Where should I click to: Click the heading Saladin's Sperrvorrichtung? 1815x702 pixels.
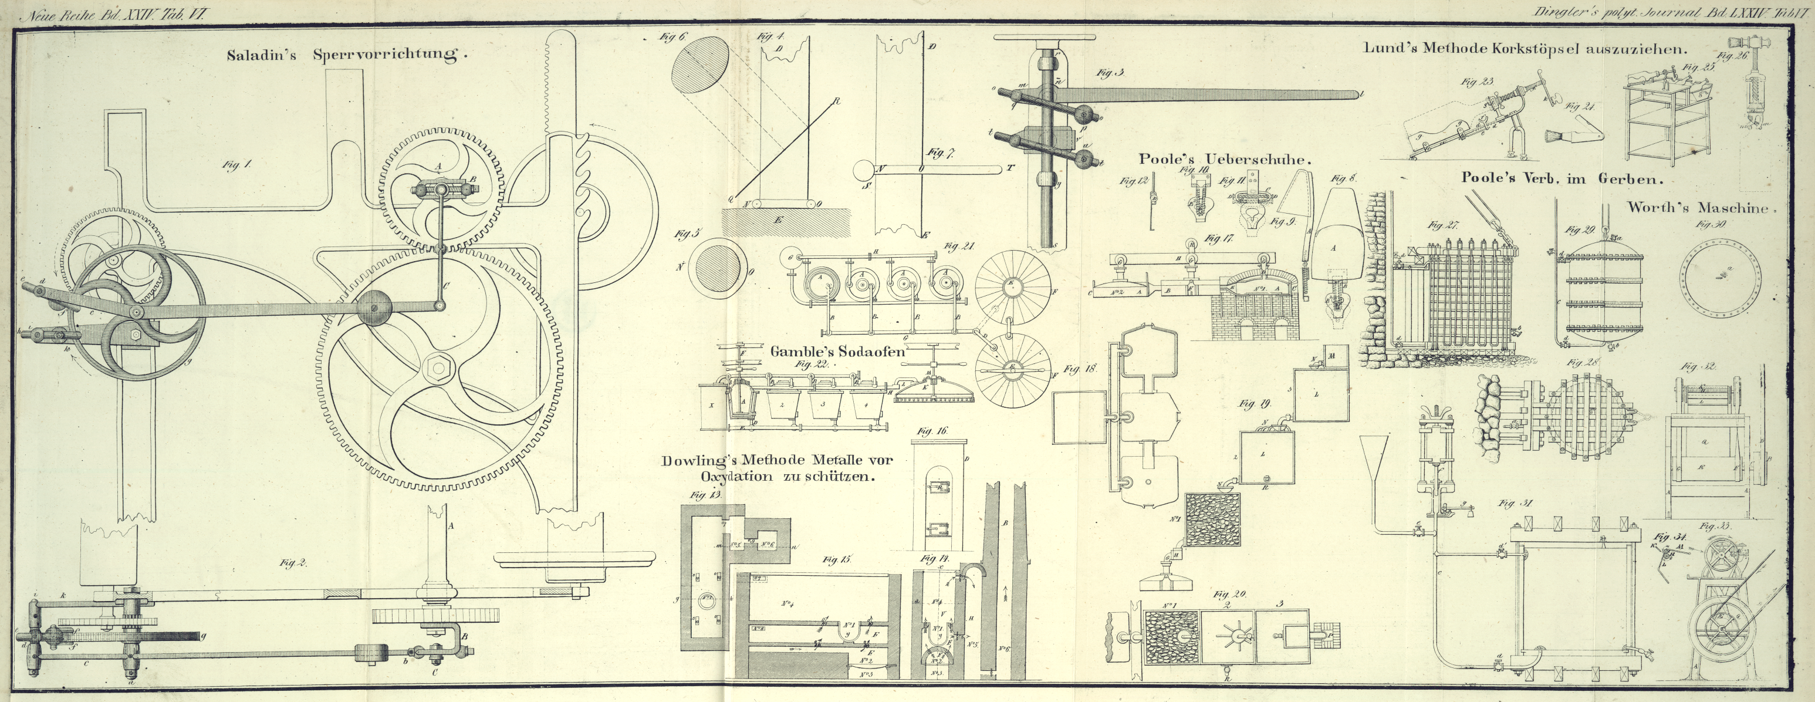click(347, 55)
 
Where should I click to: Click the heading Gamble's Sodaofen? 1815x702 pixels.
click(836, 351)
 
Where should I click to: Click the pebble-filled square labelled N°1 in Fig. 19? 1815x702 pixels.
click(1212, 519)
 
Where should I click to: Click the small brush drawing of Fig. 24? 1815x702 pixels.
click(1573, 136)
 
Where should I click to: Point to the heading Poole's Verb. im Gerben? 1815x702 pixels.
click(1562, 179)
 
